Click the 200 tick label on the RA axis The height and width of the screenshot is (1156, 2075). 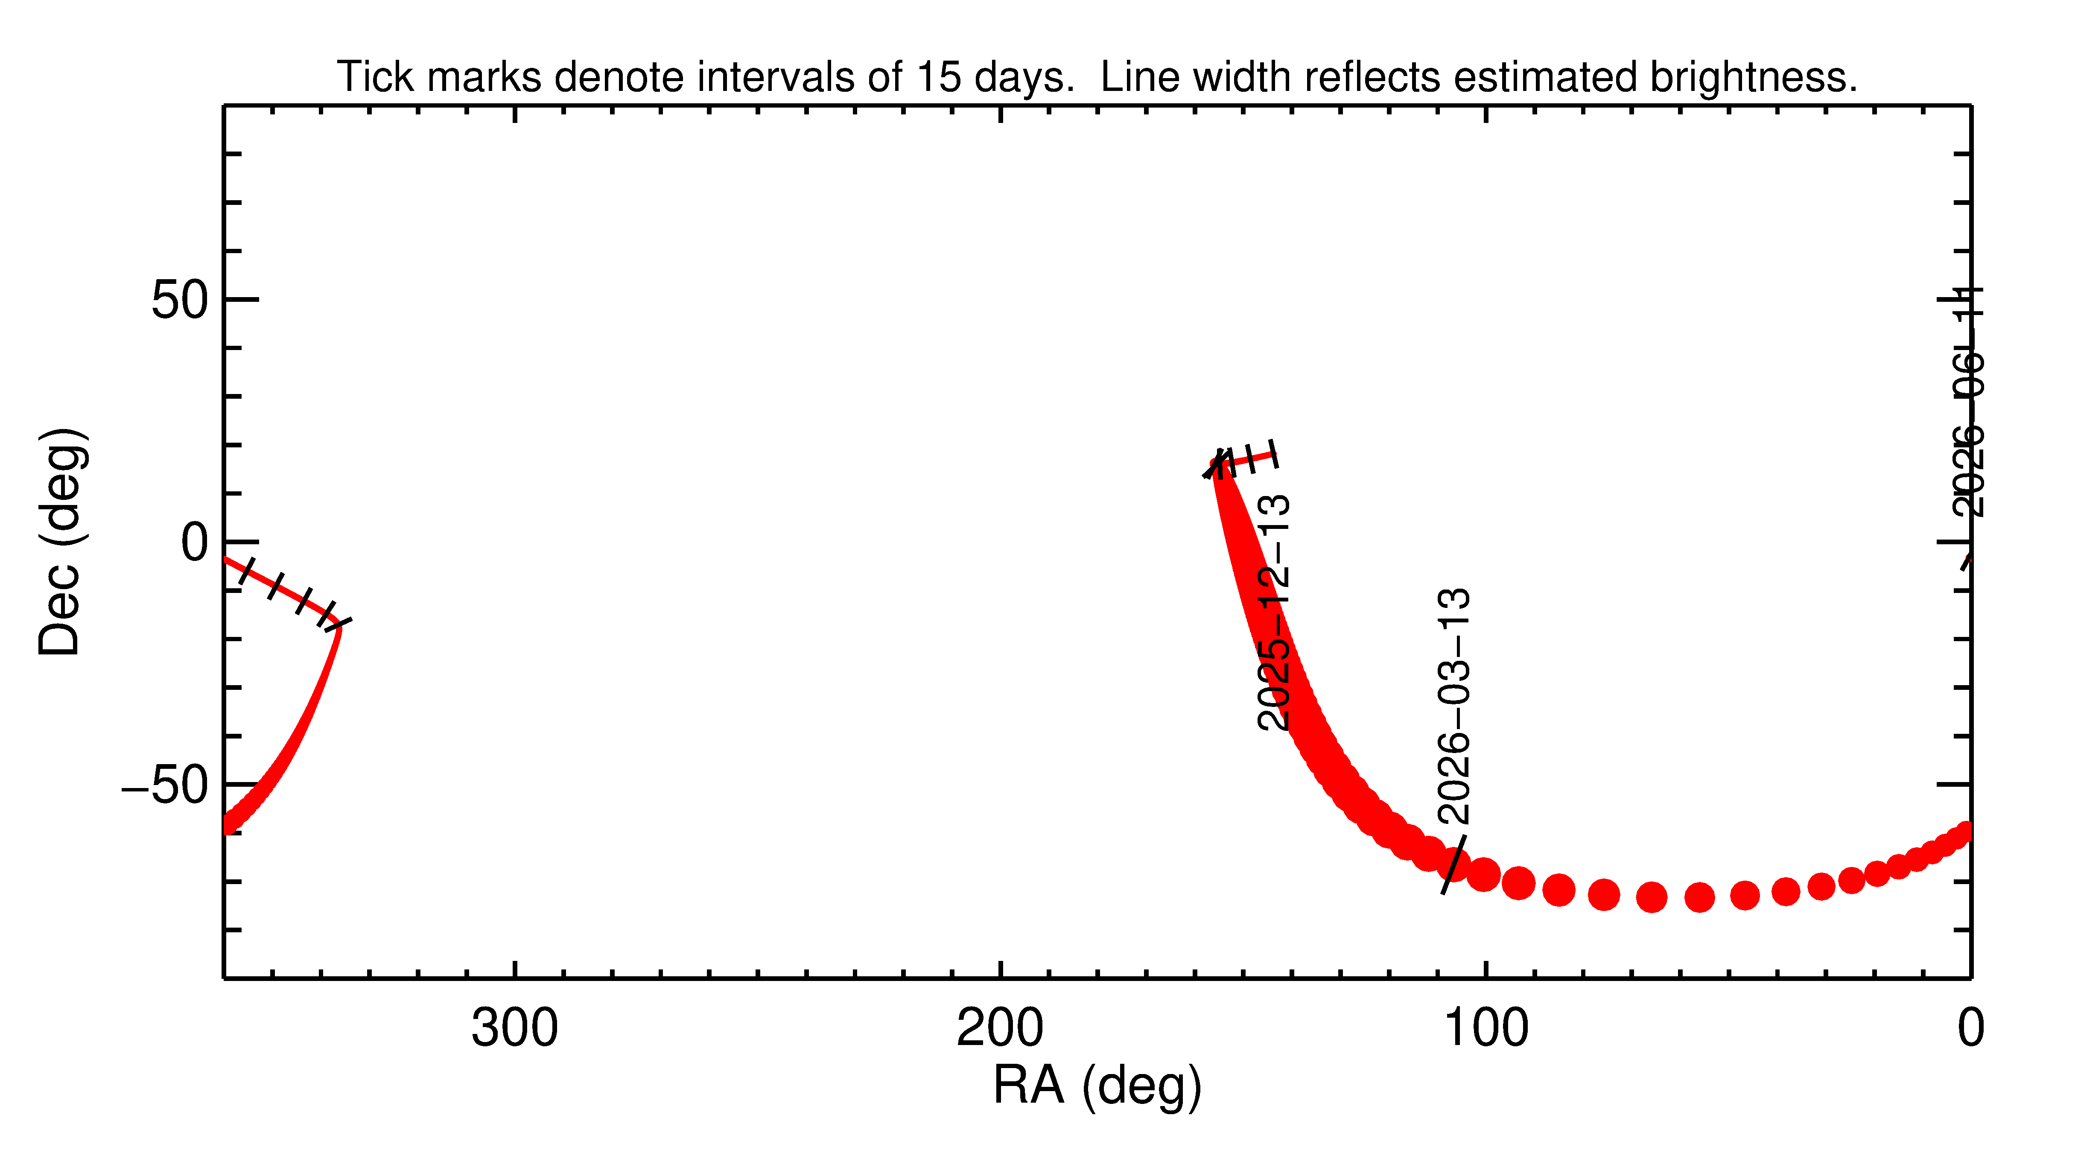tap(1000, 1029)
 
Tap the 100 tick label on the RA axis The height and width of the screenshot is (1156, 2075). tap(1485, 1029)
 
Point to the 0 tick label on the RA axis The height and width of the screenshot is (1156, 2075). tap(1970, 1029)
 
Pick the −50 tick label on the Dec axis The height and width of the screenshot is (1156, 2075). tap(165, 785)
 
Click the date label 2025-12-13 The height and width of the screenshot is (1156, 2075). tap(1274, 612)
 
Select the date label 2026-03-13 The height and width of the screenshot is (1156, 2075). tap(1454, 706)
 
